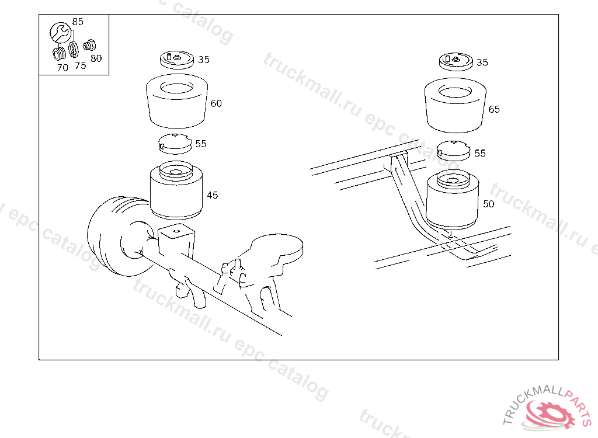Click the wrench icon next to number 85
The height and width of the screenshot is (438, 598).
point(60,33)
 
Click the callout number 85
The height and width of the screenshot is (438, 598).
point(78,22)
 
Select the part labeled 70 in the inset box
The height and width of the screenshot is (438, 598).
point(59,53)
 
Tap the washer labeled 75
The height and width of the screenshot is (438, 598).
point(73,50)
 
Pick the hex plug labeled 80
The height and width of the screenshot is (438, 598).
point(89,45)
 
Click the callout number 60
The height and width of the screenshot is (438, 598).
point(216,103)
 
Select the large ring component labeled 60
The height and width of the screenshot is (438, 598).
point(177,101)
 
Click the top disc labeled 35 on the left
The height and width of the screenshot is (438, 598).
point(177,60)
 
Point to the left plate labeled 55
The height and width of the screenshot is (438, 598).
point(175,144)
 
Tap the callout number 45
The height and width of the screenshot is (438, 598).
point(213,195)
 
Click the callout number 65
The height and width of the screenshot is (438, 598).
point(494,110)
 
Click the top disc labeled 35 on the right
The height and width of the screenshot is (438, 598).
point(456,62)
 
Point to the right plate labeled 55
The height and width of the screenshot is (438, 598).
point(453,151)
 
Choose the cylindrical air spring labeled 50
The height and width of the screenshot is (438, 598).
point(453,200)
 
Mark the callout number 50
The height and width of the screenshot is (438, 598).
point(489,204)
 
